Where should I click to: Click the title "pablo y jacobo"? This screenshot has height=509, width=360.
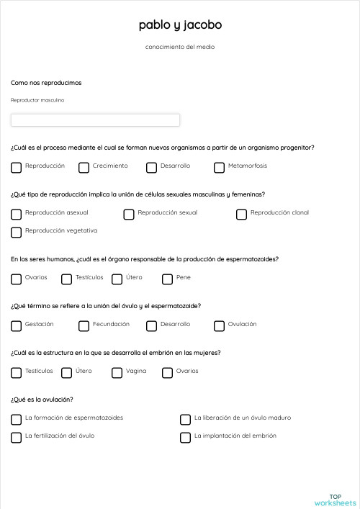tap(180, 25)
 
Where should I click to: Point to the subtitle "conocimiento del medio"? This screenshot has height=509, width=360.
tap(180, 47)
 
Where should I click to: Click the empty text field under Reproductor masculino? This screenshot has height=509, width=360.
tap(95, 120)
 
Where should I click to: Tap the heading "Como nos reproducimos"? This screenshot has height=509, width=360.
tap(46, 83)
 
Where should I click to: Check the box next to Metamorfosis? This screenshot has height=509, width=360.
tap(219, 168)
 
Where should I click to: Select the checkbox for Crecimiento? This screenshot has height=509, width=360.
tap(84, 168)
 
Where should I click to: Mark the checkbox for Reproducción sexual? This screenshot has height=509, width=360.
tap(129, 215)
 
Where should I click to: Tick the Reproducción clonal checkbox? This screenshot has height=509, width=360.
tap(241, 215)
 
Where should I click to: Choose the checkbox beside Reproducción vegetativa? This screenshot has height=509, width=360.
tap(16, 233)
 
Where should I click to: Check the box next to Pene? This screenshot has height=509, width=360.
tap(167, 279)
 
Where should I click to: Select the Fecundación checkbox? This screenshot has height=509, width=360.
tap(84, 326)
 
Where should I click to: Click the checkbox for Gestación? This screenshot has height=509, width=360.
tap(16, 326)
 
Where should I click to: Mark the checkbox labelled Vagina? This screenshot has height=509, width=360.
tap(117, 373)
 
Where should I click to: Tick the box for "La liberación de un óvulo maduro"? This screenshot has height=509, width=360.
tap(185, 420)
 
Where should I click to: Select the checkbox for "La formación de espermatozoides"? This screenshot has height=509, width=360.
tap(16, 420)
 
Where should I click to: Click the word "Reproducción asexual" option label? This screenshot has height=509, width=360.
tap(57, 213)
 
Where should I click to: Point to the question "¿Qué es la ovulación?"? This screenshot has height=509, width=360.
tap(42, 400)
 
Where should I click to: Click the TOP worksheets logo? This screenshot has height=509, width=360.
tap(335, 499)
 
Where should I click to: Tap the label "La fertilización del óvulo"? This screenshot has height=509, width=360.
tap(60, 436)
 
